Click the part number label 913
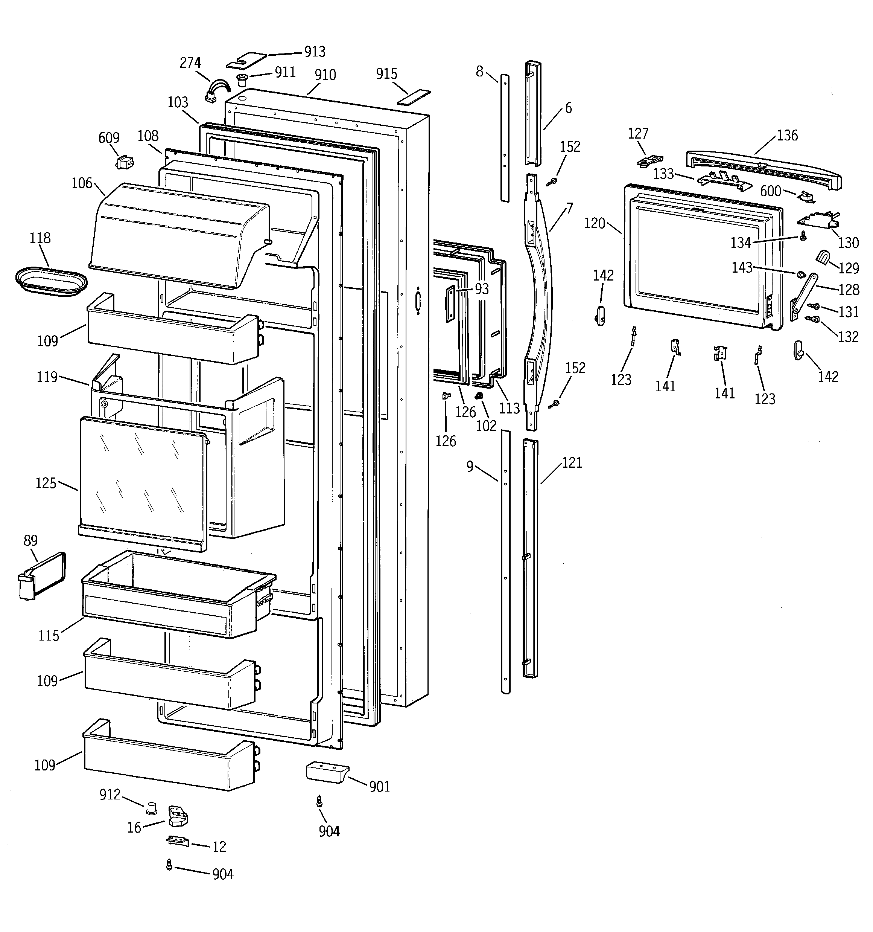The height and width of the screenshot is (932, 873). pyautogui.click(x=315, y=52)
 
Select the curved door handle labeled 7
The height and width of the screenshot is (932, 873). pyautogui.click(x=539, y=300)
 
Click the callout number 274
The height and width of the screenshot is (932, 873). pyautogui.click(x=190, y=63)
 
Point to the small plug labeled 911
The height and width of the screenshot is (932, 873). pyautogui.click(x=242, y=79)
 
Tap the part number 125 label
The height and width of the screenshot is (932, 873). pyautogui.click(x=46, y=483)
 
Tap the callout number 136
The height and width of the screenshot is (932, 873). pyautogui.click(x=787, y=136)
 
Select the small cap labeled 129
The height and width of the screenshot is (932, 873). pyautogui.click(x=822, y=257)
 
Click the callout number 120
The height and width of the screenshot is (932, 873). pyautogui.click(x=594, y=224)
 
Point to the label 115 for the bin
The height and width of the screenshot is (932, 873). pyautogui.click(x=49, y=636)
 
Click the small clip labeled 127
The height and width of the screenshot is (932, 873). pyautogui.click(x=649, y=160)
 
